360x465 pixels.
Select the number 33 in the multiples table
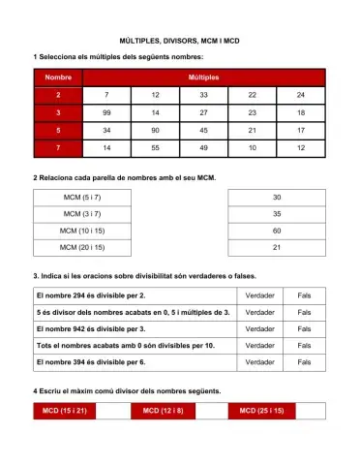coord(203,95)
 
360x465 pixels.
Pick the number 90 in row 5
coord(155,130)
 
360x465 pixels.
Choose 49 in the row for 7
coord(203,147)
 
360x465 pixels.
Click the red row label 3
coord(57,112)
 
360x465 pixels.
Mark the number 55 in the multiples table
coord(155,147)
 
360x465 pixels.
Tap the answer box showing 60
coord(277,232)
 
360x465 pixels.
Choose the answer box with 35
coord(277,214)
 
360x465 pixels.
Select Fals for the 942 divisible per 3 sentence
coord(304,328)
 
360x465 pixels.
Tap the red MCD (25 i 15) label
coord(261,412)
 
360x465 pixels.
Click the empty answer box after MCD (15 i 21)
coord(112,412)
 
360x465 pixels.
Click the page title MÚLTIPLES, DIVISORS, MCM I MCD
coord(180,43)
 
